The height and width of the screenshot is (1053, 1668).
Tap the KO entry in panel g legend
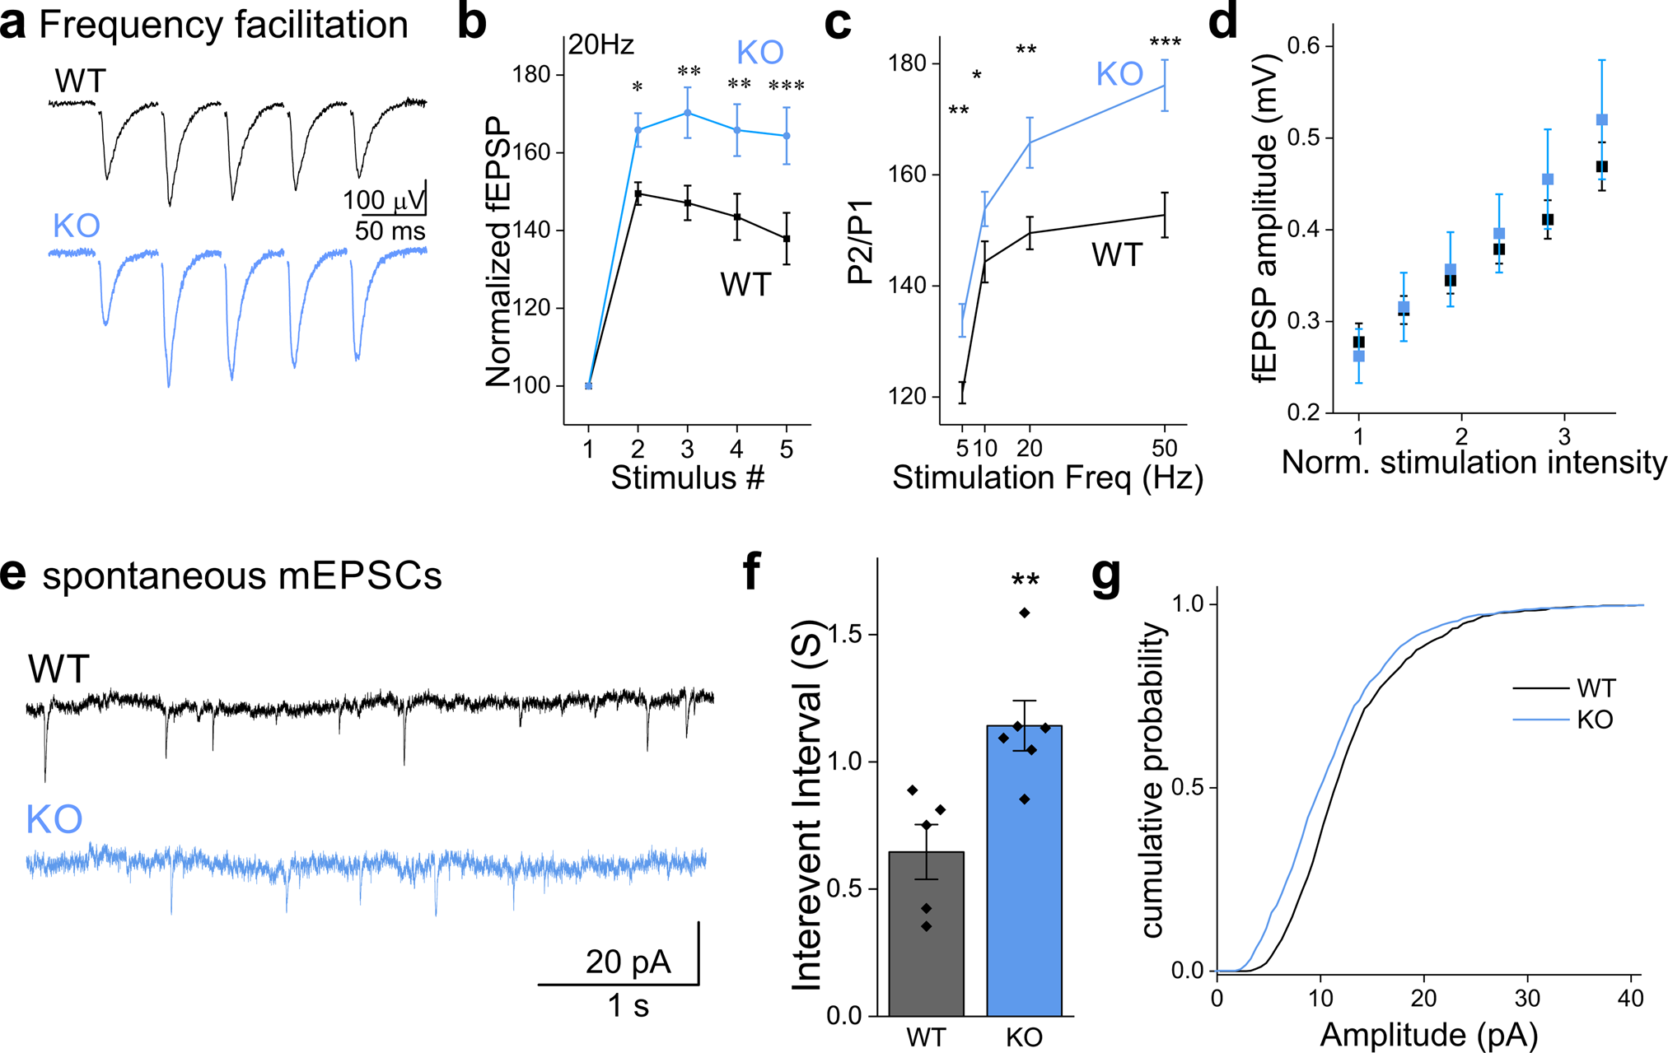1594,720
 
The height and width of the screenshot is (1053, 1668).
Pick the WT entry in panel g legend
1596,687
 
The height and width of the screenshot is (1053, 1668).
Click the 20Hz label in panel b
601,45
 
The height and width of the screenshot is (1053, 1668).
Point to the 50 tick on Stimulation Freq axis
1164,449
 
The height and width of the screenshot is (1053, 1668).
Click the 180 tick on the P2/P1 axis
909,63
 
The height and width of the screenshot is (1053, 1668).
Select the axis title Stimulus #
688,478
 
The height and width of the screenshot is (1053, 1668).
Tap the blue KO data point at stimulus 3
687,113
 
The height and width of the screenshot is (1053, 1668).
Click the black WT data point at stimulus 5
787,239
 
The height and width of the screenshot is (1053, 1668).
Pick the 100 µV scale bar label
384,200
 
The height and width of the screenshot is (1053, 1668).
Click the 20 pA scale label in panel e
628,962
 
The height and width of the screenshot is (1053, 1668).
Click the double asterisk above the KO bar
1025,581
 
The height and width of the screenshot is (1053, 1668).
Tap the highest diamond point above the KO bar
1025,613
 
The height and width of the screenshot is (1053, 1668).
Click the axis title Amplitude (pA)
1428,1035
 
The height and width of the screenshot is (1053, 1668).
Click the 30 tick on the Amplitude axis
1527,999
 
